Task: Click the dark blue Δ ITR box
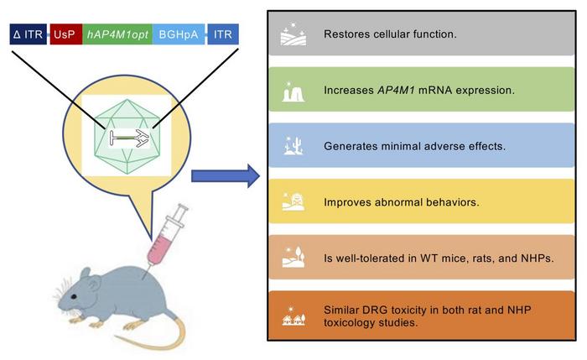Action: point(29,35)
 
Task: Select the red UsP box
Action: point(65,35)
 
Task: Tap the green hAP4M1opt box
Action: point(117,35)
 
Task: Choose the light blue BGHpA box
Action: point(178,35)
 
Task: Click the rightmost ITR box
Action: point(223,35)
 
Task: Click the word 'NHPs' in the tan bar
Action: point(523,256)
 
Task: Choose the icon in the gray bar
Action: point(293,35)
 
